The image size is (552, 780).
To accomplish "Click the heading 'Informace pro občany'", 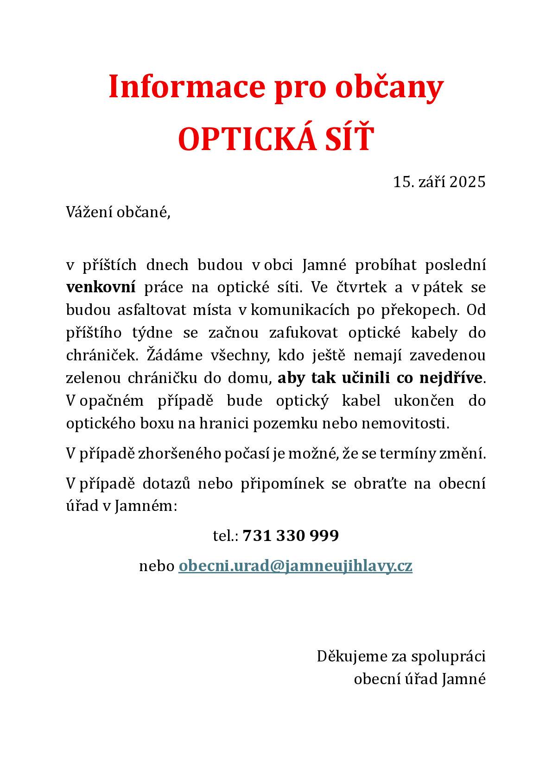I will click(276, 87).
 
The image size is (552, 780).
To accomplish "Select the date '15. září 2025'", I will click(439, 182).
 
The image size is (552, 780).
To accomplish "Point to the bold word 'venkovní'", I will click(101, 287).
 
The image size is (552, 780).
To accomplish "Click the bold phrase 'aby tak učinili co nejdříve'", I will click(380, 378).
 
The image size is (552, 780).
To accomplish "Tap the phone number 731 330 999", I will click(291, 536).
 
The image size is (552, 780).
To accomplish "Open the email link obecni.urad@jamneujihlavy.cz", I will click(295, 566).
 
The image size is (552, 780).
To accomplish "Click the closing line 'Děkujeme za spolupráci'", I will click(401, 656).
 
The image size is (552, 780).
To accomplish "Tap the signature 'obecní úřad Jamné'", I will click(419, 679).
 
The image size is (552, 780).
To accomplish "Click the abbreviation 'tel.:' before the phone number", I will click(225, 536).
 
